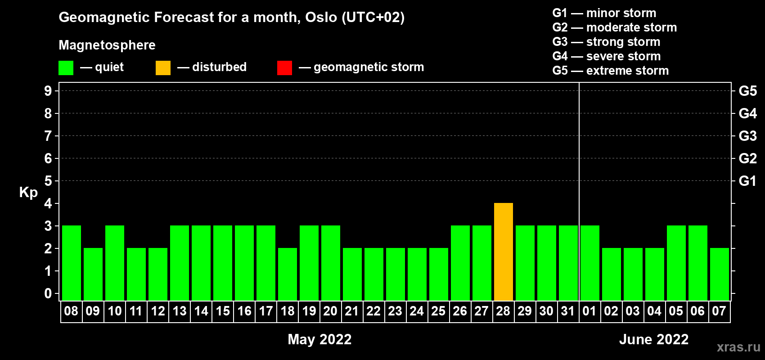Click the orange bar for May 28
(504, 252)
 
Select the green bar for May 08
(72, 263)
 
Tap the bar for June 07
(719, 274)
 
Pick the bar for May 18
(288, 274)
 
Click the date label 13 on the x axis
(180, 311)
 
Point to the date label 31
(567, 311)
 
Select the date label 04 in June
(654, 311)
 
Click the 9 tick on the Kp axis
(48, 91)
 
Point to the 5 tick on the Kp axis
(48, 181)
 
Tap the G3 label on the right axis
(747, 136)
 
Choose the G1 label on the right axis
(747, 181)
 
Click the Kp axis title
(28, 193)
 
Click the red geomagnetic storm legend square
(284, 67)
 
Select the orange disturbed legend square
(163, 67)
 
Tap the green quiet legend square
(66, 67)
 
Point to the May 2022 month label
(319, 339)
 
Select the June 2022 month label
(654, 339)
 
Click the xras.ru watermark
(738, 347)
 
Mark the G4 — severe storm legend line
(607, 56)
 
